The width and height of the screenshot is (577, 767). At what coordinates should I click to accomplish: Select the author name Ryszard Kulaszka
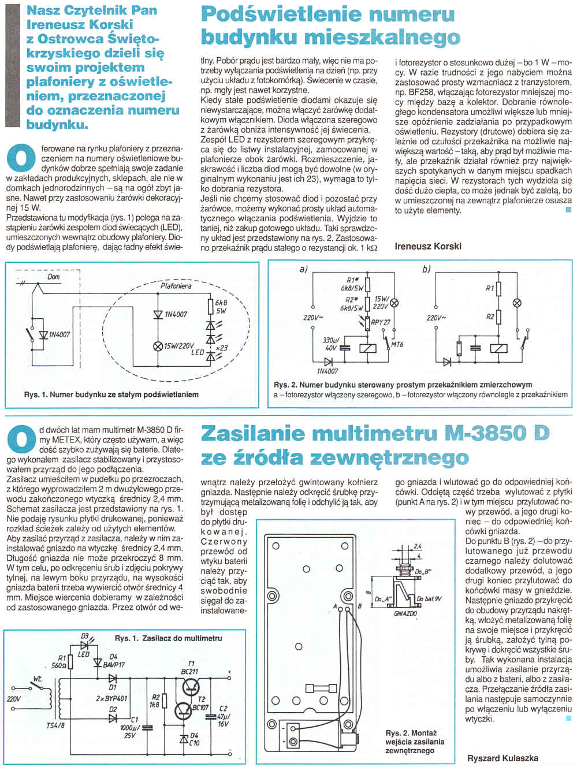pyautogui.click(x=502, y=758)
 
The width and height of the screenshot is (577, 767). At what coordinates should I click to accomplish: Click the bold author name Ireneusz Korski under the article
pyautogui.click(x=428, y=246)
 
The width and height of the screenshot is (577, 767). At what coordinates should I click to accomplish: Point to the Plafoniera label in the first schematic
pyautogui.click(x=176, y=285)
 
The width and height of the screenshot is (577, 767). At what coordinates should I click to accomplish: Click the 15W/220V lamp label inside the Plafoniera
pyautogui.click(x=180, y=347)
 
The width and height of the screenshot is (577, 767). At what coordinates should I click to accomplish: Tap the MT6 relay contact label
pyautogui.click(x=397, y=345)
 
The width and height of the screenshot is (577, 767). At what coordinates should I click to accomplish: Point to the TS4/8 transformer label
pyautogui.click(x=55, y=726)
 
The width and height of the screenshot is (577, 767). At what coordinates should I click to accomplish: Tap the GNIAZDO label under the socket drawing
pyautogui.click(x=405, y=613)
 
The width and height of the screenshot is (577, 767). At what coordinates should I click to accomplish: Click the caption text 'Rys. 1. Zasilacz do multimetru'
pyautogui.click(x=168, y=638)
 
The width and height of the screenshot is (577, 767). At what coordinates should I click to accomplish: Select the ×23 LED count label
pyautogui.click(x=221, y=348)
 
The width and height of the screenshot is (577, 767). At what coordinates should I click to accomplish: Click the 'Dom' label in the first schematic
pyautogui.click(x=54, y=277)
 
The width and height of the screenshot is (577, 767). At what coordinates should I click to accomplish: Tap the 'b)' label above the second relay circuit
pyautogui.click(x=427, y=269)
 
